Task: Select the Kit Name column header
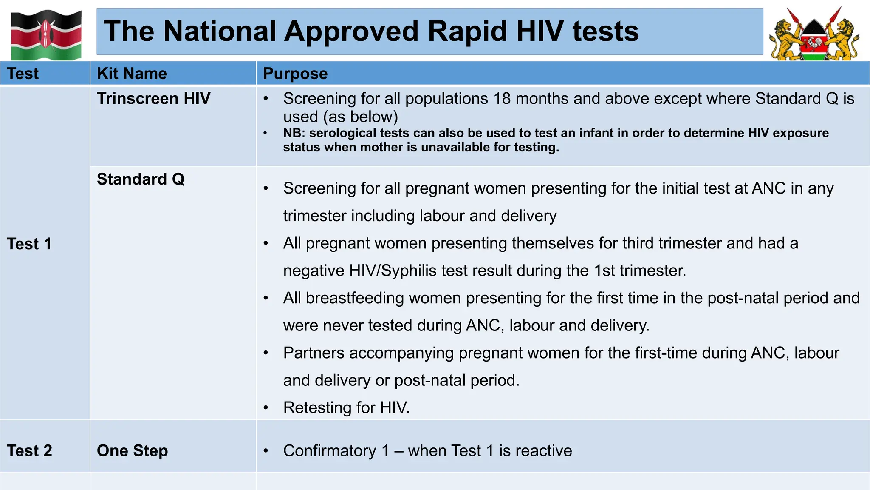point(132,74)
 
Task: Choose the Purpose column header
point(295,74)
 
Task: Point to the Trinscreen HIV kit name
point(153,99)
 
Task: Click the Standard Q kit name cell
point(141,179)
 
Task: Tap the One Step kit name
point(132,451)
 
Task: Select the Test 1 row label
point(29,244)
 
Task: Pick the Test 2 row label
point(29,451)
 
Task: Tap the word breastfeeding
point(354,298)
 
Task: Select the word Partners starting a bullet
point(314,353)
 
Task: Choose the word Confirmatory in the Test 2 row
point(330,451)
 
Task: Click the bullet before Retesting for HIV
point(266,408)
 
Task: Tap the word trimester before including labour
point(314,216)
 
